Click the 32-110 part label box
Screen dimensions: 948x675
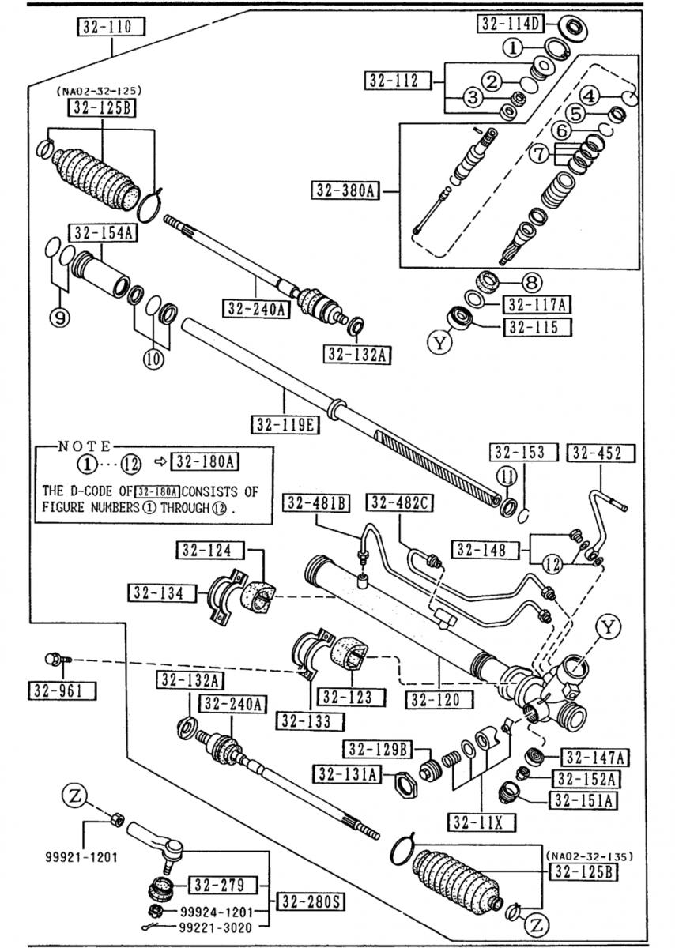click(x=110, y=27)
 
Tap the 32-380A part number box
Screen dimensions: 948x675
click(x=346, y=190)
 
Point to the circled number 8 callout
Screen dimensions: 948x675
click(x=530, y=282)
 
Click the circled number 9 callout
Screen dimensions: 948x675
click(x=61, y=318)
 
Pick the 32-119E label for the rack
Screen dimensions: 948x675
click(x=285, y=425)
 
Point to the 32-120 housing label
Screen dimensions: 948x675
click(x=439, y=699)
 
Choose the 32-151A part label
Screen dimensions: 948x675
click(x=586, y=800)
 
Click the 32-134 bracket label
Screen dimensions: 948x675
click(x=163, y=592)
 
